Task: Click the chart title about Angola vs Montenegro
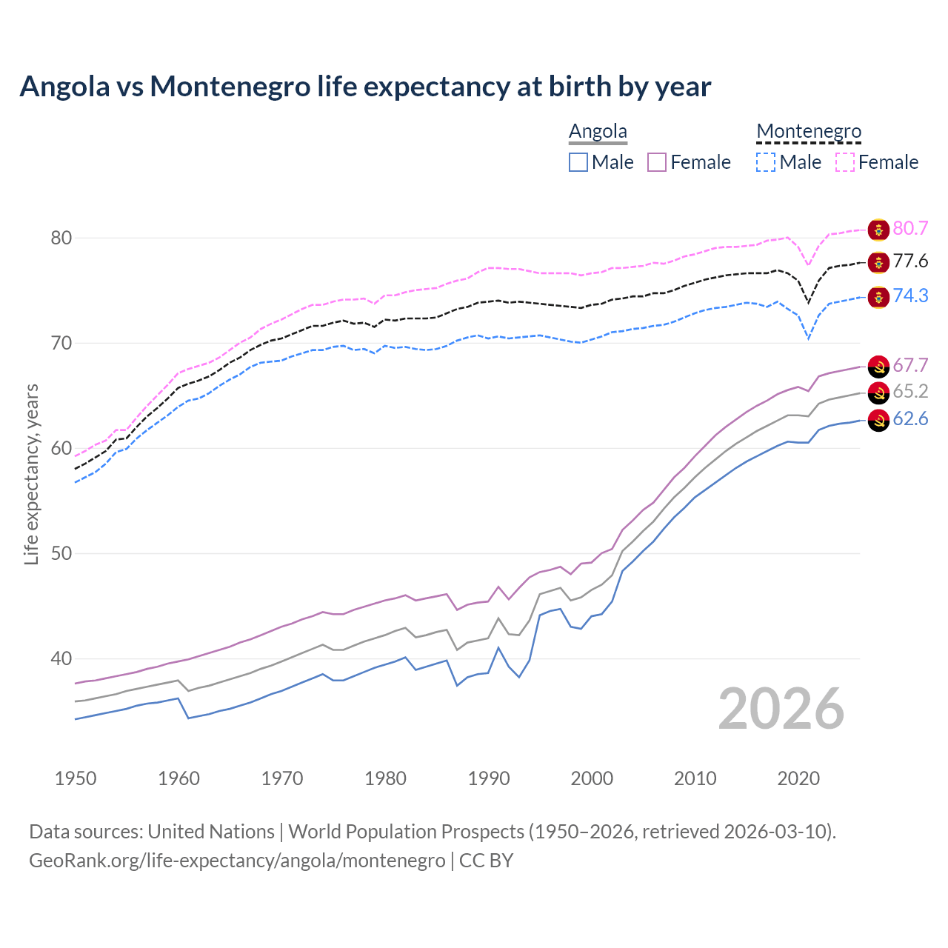click(365, 87)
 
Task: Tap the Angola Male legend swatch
click(578, 162)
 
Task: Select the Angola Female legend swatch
click(658, 162)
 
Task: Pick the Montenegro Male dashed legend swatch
click(766, 162)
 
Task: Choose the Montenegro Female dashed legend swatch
click(845, 162)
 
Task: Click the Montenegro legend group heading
click(809, 131)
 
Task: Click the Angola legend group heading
click(598, 131)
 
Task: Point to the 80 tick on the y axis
click(61, 238)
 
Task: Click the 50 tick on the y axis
click(61, 554)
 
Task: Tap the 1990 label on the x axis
click(489, 778)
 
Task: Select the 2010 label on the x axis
click(695, 778)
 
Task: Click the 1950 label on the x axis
click(76, 778)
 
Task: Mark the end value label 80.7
click(910, 228)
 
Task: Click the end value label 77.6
click(910, 261)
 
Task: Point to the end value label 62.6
click(910, 419)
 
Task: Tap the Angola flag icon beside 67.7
click(878, 366)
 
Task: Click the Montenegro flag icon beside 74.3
click(878, 297)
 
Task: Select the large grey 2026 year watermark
click(781, 709)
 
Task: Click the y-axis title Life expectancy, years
click(31, 474)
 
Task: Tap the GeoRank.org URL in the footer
click(237, 861)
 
